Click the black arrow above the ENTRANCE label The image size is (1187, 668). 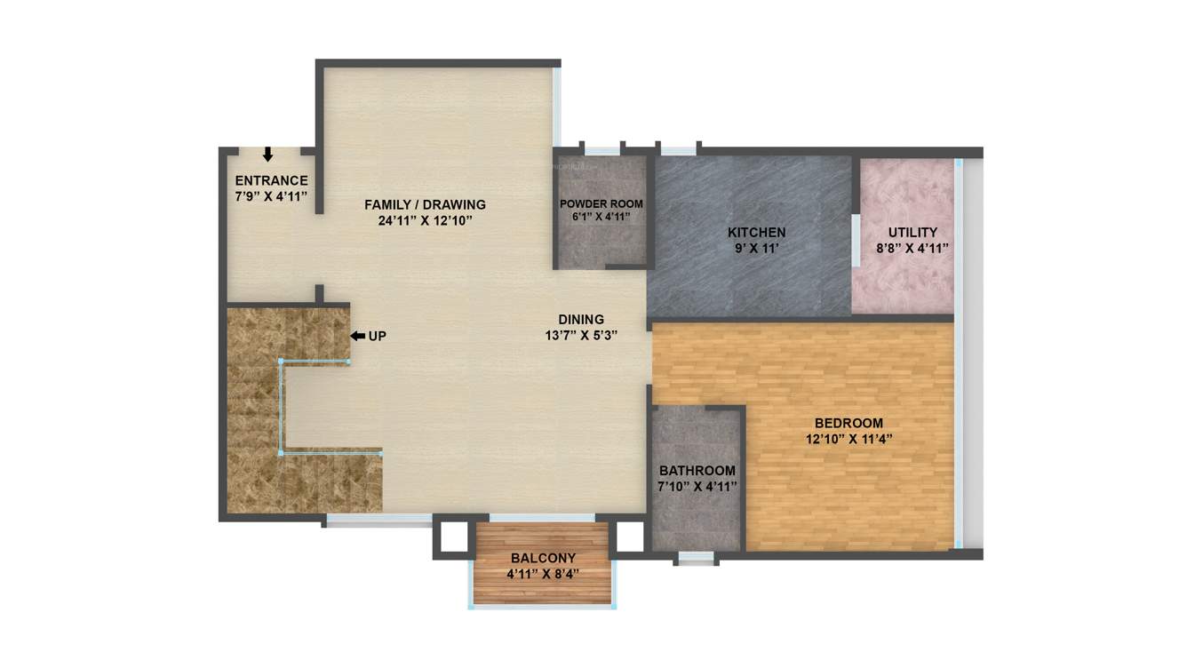tap(267, 155)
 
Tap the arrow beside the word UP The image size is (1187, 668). tap(357, 336)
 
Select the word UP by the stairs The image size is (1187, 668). tap(377, 336)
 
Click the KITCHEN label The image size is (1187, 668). tap(756, 233)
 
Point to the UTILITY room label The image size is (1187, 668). tap(912, 233)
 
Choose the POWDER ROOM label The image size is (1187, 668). tap(601, 204)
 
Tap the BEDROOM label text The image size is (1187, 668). tap(848, 423)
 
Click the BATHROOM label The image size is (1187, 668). tap(697, 471)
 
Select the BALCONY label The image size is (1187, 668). tap(543, 558)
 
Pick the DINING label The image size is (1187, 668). tap(581, 320)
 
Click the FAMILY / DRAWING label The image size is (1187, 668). tap(425, 205)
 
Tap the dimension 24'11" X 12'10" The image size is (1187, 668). tap(425, 221)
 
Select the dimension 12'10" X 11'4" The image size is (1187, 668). tap(848, 439)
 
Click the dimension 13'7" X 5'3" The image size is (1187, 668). tap(581, 336)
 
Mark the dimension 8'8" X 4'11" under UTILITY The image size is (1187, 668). tap(912, 249)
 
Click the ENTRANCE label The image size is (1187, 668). tap(271, 180)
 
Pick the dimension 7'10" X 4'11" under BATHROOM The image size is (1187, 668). tap(697, 487)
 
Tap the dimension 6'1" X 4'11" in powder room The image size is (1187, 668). tap(601, 217)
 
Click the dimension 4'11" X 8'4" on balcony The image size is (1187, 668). tap(543, 574)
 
